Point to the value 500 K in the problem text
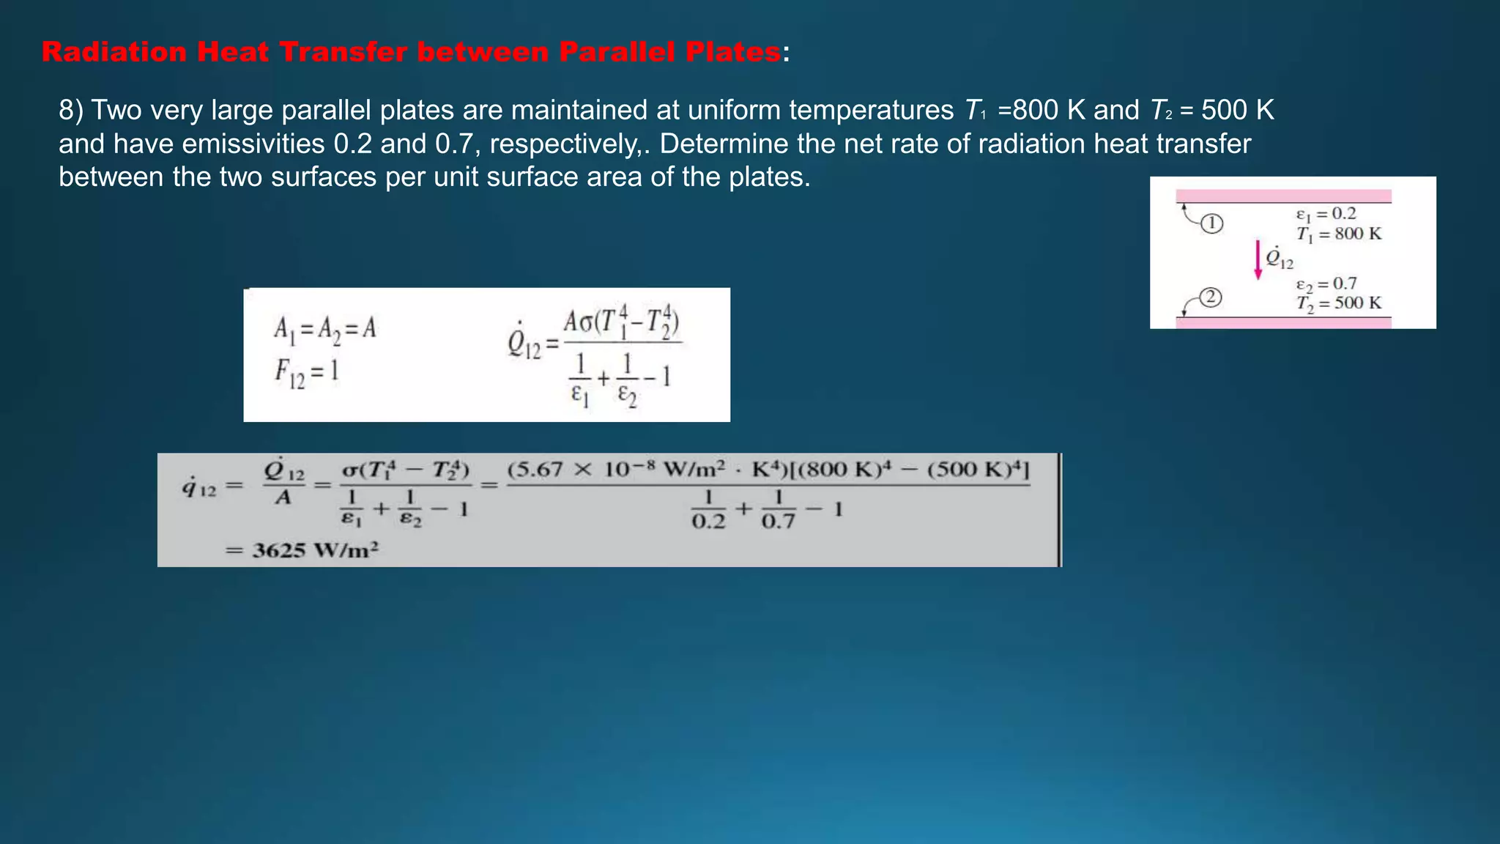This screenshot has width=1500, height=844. click(1238, 110)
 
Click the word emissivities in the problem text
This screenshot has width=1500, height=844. click(253, 144)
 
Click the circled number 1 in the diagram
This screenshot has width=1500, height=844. click(1212, 223)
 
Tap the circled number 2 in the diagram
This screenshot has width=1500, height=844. click(1211, 297)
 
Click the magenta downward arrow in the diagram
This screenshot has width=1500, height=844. click(1258, 260)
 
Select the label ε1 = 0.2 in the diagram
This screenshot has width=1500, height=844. click(1326, 214)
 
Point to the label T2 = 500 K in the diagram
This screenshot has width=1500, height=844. click(1338, 303)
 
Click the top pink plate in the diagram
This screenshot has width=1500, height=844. click(1283, 196)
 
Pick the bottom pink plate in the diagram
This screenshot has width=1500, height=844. click(1283, 322)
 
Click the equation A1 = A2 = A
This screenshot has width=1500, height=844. click(324, 328)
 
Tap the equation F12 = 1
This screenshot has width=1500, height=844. click(307, 371)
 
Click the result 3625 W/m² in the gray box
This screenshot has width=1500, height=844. click(315, 550)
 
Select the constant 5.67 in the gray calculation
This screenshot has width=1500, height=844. click(538, 469)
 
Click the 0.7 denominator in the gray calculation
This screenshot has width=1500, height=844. click(778, 521)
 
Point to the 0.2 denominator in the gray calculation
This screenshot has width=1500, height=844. click(708, 521)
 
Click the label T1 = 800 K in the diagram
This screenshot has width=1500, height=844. click(1338, 234)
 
